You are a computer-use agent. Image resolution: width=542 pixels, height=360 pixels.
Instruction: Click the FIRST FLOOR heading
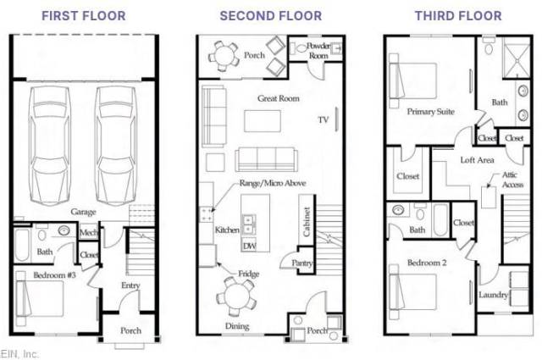tap(84, 16)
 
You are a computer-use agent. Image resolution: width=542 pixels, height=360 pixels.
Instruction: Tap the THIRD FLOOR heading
tap(458, 16)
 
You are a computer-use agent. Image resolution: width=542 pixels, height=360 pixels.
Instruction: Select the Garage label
tap(83, 212)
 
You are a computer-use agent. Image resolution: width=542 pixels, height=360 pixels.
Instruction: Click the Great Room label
tap(279, 98)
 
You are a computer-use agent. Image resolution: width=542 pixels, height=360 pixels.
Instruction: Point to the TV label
tap(324, 119)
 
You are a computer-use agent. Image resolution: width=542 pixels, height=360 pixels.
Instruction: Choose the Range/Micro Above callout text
tap(273, 183)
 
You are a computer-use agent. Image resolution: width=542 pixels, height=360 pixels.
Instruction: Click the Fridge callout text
tap(248, 274)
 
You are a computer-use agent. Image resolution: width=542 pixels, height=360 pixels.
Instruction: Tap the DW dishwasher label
tap(249, 246)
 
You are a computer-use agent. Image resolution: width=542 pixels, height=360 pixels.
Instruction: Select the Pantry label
tap(301, 263)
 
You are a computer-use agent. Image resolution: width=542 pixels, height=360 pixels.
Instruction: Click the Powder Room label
tap(318, 51)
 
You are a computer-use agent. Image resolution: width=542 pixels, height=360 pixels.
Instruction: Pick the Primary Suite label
tap(430, 111)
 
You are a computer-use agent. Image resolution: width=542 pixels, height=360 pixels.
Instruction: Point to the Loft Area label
tap(477, 160)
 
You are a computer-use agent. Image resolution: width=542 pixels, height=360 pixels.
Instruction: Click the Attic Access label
tap(512, 180)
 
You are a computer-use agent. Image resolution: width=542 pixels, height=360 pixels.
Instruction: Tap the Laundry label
tap(493, 295)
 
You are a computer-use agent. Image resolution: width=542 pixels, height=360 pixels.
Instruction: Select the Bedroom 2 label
tap(427, 263)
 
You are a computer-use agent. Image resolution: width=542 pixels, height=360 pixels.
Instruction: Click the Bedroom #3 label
tap(54, 275)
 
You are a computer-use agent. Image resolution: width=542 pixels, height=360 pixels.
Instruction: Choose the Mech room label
tap(88, 232)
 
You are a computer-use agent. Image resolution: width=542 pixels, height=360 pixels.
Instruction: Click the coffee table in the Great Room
tap(263, 121)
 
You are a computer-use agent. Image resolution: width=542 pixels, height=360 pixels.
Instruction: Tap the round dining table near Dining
tap(236, 296)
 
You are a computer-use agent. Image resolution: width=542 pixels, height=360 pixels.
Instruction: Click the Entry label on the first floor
tap(130, 285)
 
